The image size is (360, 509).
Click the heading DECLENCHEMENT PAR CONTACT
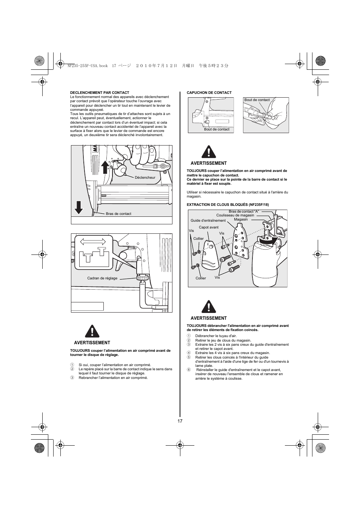pos(100,93)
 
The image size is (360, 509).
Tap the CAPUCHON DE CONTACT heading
pos(209,93)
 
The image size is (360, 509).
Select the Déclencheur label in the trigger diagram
pos(145,178)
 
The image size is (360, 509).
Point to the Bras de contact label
pos(118,214)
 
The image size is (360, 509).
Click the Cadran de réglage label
pos(102,278)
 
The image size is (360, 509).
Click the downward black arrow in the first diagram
pos(78,207)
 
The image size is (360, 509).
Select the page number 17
pos(180,421)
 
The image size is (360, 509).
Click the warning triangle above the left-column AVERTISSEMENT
pos(92,331)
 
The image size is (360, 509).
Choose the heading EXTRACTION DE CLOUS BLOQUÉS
pos(228,205)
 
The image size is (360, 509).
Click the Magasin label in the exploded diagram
pos(241,219)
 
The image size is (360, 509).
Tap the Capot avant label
pos(209,227)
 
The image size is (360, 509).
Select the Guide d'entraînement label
pos(208,221)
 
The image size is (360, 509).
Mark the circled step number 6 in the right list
pos(189,370)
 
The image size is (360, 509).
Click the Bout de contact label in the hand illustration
pos(257,100)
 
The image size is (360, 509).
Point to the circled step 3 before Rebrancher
pos(72,378)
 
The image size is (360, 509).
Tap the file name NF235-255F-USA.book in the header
pos(88,66)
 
